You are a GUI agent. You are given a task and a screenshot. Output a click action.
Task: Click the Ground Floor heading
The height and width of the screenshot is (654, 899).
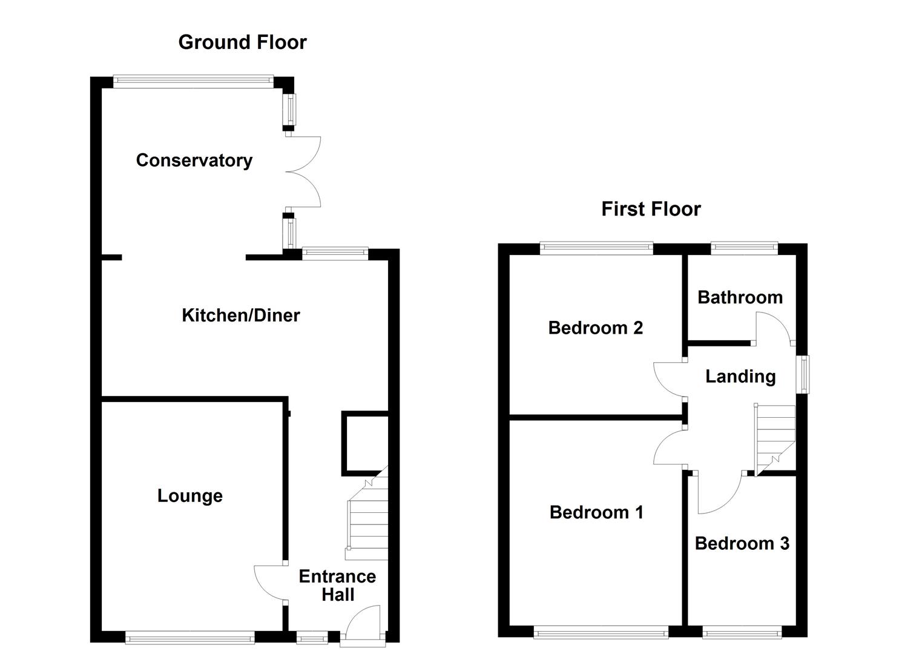tap(242, 42)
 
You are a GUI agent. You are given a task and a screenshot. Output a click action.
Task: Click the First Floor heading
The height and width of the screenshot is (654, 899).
tap(651, 209)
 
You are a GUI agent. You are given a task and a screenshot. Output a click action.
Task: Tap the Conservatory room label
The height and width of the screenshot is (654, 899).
tap(194, 160)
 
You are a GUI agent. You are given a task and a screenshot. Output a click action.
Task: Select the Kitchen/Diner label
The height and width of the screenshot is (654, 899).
tap(241, 315)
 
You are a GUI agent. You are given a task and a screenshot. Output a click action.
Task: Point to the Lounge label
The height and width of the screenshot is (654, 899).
tap(189, 496)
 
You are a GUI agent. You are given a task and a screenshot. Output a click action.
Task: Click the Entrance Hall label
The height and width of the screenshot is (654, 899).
tap(337, 586)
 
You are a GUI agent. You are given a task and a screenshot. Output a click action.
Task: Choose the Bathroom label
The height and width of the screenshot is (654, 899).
tap(740, 297)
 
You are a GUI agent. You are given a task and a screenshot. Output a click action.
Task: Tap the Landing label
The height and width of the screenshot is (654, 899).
tap(740, 377)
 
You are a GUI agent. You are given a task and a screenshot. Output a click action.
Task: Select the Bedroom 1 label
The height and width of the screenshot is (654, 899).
tap(596, 512)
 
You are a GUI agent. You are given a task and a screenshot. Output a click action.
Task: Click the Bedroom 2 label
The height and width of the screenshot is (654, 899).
tap(595, 328)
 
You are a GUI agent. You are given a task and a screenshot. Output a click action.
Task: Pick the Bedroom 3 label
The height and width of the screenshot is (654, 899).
tap(742, 544)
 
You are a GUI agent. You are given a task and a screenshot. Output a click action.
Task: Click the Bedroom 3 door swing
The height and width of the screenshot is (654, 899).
tap(719, 494)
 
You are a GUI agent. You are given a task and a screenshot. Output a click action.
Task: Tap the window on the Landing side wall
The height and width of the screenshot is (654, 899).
tap(804, 375)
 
